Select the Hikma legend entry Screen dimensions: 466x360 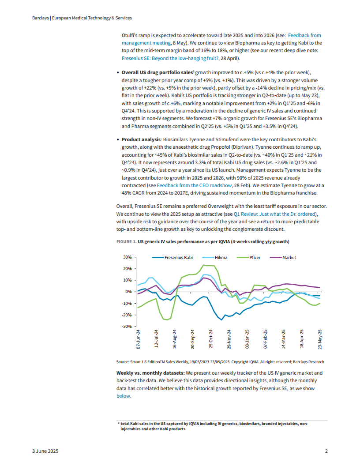221,257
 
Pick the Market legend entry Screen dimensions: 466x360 289,257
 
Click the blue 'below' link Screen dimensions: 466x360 123,396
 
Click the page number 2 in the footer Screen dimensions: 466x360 326,451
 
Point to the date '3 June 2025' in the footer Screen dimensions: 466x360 45,451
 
